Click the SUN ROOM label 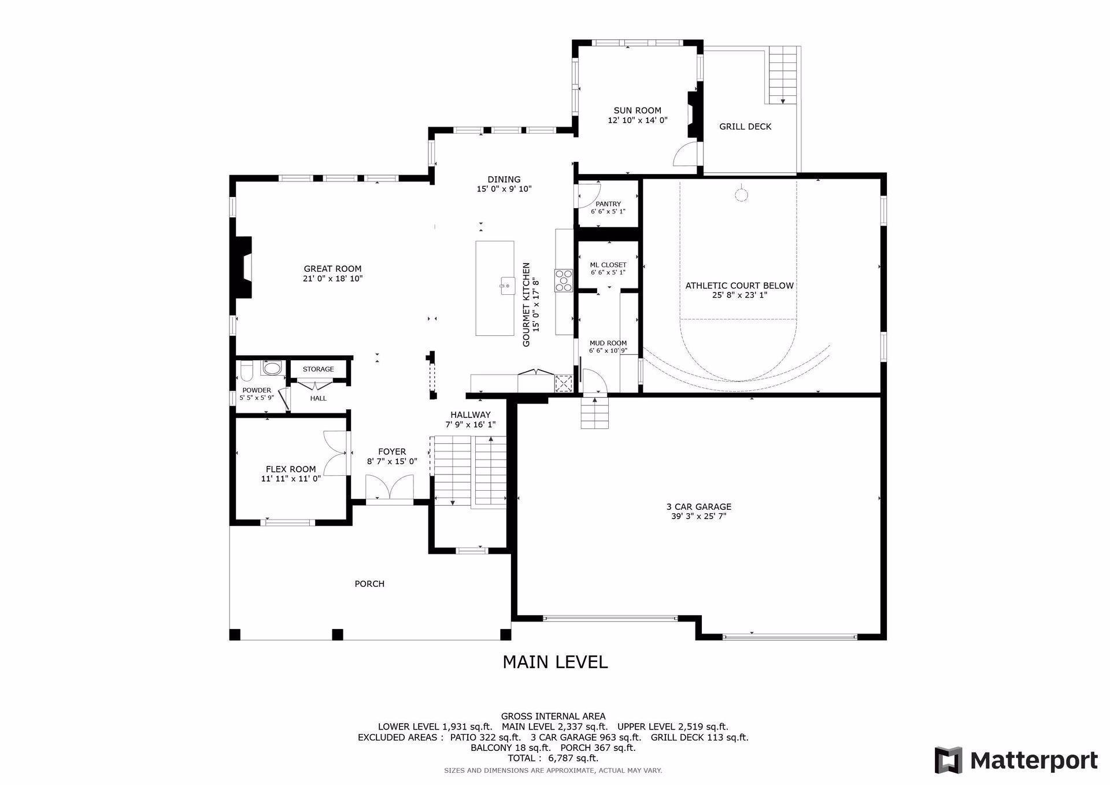coord(637,110)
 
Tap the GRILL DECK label coord(745,127)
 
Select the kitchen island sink coord(507,285)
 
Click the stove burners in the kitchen coord(563,280)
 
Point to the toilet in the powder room coord(246,370)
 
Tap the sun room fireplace coord(692,114)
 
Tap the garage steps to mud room coord(595,413)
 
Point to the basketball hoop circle coord(741,194)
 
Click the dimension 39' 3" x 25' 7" coord(698,516)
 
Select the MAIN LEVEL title coord(554,662)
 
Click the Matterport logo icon coord(949,760)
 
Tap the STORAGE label coord(318,369)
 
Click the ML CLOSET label coord(608,265)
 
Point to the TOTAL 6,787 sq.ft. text coord(553,758)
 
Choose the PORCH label coord(369,584)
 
